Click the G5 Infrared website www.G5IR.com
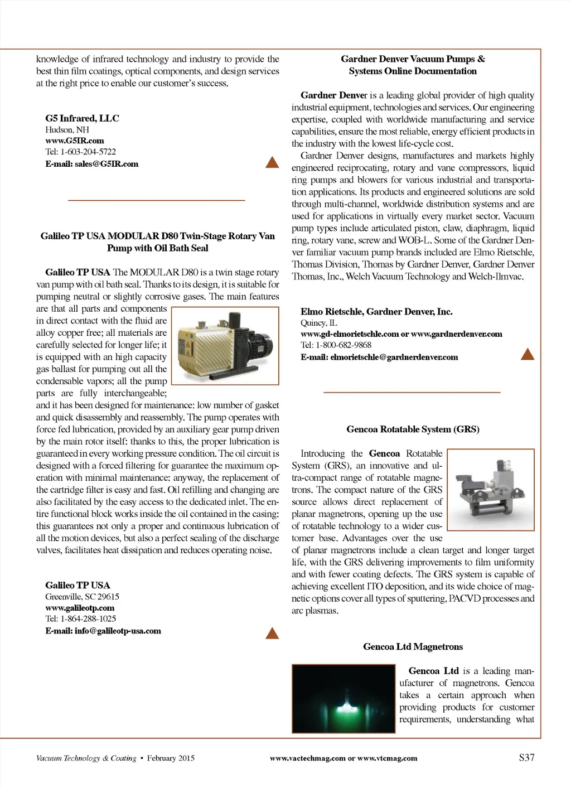[x=74, y=141]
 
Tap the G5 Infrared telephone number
[x=80, y=152]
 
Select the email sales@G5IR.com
[x=91, y=164]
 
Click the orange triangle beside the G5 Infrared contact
[x=272, y=162]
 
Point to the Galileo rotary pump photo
[x=225, y=346]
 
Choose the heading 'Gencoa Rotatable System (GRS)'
[x=413, y=429]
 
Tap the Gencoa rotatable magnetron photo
[x=491, y=489]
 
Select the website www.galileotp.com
[x=80, y=608]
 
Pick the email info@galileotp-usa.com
[x=103, y=631]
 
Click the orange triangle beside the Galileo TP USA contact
[x=272, y=633]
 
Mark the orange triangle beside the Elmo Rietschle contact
[x=527, y=354]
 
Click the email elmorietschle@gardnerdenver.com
[x=379, y=357]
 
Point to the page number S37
[x=526, y=757]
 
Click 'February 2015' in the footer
[x=171, y=758]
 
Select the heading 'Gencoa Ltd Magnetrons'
[x=413, y=647]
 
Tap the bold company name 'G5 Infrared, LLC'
[x=82, y=118]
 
